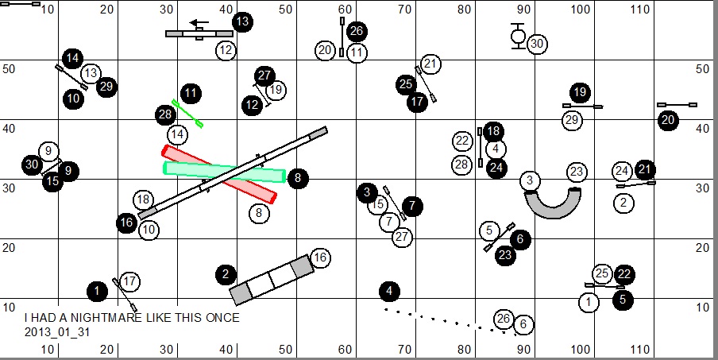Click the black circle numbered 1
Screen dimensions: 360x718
pyautogui.click(x=97, y=291)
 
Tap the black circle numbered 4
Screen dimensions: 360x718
pyautogui.click(x=389, y=291)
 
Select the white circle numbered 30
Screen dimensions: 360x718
pyautogui.click(x=537, y=44)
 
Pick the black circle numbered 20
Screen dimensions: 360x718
pyautogui.click(x=668, y=120)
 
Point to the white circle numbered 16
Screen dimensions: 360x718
pyautogui.click(x=320, y=257)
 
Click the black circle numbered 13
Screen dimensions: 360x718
pyautogui.click(x=242, y=21)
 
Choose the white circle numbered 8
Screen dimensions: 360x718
pyautogui.click(x=258, y=212)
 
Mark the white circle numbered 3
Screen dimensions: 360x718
pyautogui.click(x=530, y=180)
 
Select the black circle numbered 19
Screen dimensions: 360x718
pyautogui.click(x=580, y=92)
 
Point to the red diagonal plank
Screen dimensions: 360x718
pyautogui.click(x=219, y=174)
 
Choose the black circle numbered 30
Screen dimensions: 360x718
pyautogui.click(x=32, y=165)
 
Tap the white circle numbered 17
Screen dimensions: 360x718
pyautogui.click(x=130, y=281)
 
